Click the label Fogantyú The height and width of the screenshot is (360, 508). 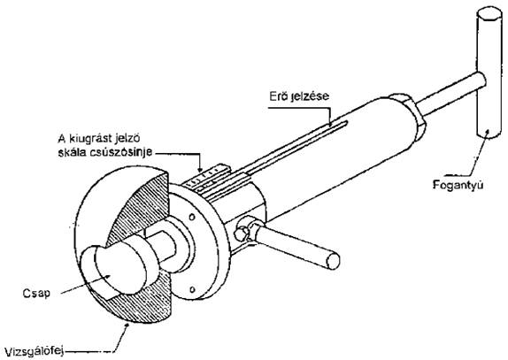point(458,185)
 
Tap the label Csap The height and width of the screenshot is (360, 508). point(36,294)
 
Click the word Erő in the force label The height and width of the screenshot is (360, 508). point(278,96)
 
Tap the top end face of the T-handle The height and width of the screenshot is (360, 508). point(489,15)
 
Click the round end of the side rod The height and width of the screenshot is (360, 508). point(333,261)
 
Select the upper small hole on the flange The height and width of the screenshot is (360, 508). point(192,217)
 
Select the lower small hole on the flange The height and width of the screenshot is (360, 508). point(192,288)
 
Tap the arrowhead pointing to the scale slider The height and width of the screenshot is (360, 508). point(200,168)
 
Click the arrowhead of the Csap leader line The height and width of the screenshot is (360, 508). point(108,276)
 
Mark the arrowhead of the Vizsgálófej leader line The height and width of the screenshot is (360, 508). point(126,325)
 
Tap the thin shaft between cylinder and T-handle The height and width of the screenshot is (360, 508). point(450,93)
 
